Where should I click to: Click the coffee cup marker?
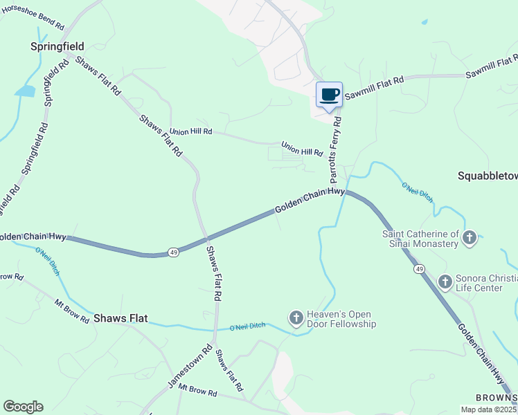[329, 95]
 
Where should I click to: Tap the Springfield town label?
[57, 46]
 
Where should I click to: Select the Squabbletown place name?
[488, 176]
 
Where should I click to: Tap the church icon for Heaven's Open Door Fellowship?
[296, 317]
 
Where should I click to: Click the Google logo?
[23, 407]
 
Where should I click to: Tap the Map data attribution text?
[488, 409]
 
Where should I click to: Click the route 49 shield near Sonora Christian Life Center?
[419, 268]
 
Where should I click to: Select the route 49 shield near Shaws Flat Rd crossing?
[173, 252]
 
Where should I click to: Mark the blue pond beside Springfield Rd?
[25, 91]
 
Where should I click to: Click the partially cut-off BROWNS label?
[496, 397]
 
